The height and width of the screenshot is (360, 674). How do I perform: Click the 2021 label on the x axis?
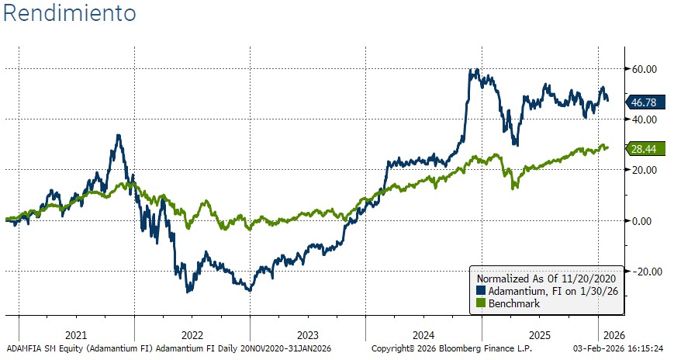pyautogui.click(x=77, y=336)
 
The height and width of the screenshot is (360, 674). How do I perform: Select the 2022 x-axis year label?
pyautogui.click(x=192, y=336)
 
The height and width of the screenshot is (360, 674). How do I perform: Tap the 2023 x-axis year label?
pyautogui.click(x=308, y=336)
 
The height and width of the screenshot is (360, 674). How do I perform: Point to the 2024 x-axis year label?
pyautogui.click(x=423, y=336)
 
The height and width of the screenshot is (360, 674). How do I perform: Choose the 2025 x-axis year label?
pyautogui.click(x=539, y=336)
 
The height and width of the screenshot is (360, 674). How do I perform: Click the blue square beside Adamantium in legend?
pyautogui.click(x=481, y=291)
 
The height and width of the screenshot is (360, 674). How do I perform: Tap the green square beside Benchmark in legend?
pyautogui.click(x=481, y=303)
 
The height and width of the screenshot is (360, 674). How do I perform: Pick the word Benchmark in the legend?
pyautogui.click(x=513, y=303)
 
